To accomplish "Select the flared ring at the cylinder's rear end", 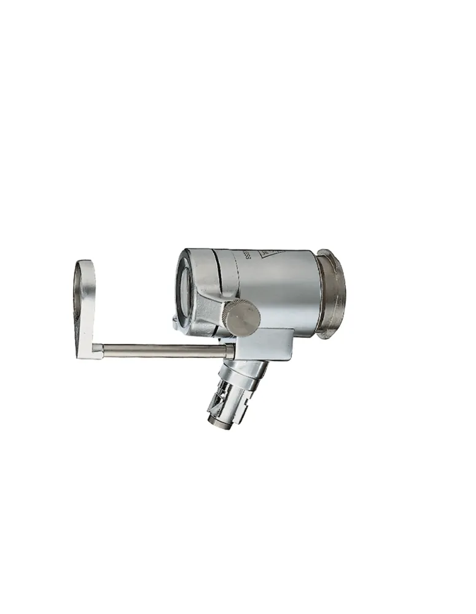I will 332,293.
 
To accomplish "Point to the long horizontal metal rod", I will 160,351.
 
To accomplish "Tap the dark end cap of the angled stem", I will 218,424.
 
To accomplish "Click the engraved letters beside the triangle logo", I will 246,254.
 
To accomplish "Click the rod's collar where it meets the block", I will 229,352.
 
